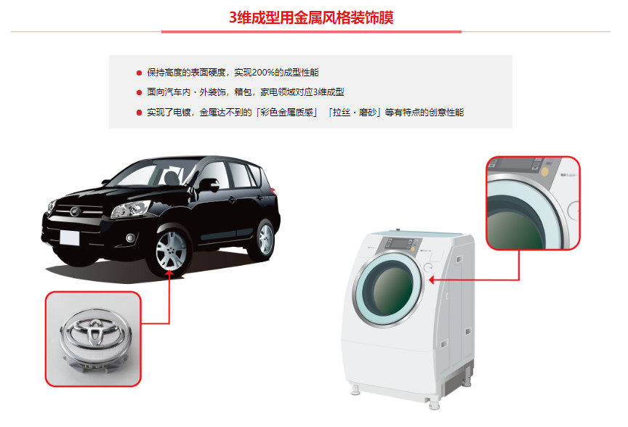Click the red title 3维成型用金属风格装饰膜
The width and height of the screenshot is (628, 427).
point(311,17)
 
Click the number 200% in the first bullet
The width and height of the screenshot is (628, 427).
point(263,73)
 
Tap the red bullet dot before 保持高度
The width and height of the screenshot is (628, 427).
point(139,73)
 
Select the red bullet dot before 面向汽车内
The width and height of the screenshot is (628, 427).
point(139,92)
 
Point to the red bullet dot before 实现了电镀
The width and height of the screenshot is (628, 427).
point(139,113)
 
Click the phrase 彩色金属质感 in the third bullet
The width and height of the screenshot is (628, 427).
point(286,113)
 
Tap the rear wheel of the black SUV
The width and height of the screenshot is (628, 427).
point(265,240)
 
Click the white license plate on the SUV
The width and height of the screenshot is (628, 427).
point(69,237)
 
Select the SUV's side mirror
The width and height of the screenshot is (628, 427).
point(209,185)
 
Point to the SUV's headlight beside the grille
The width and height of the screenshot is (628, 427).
point(131,209)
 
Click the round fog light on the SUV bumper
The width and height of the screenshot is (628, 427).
point(130,238)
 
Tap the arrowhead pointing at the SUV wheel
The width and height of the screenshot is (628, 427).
point(169,273)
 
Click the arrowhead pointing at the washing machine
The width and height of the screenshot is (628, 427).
point(431,280)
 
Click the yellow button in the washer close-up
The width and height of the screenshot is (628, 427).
point(544,171)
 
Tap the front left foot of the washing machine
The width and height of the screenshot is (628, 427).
point(355,390)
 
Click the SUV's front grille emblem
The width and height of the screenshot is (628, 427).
point(74,211)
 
